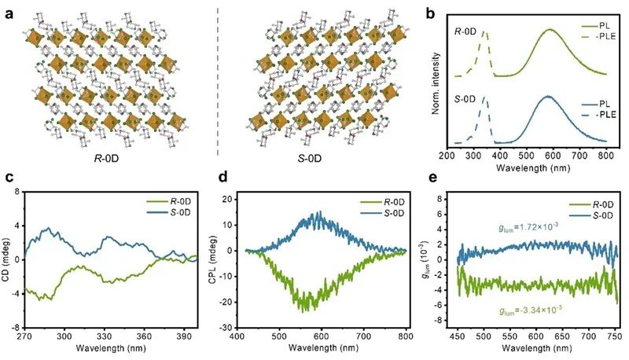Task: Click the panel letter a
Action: click(8, 9)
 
